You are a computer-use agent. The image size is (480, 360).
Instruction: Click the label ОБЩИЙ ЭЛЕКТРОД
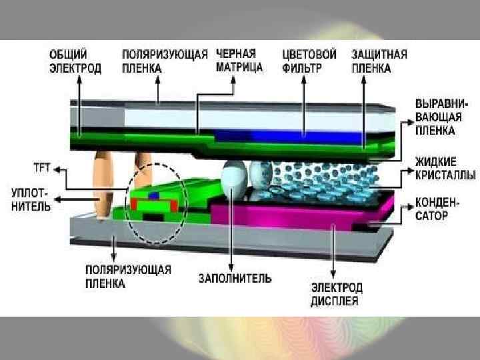75,60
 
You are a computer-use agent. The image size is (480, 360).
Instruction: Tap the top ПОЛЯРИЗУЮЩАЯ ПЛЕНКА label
165,60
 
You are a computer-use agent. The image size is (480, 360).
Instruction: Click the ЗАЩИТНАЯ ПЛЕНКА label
379,60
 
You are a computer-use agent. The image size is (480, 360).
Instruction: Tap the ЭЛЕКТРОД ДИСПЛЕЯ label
337,294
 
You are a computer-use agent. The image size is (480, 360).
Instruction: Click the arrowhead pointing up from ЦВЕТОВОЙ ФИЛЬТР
304,82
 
